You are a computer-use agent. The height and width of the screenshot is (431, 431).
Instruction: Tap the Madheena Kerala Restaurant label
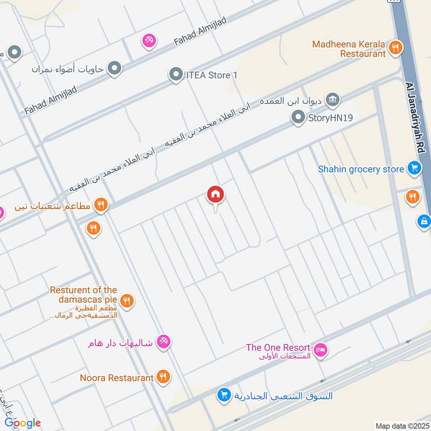click(349, 48)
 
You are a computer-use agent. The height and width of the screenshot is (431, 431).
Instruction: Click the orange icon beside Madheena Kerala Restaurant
click(396, 47)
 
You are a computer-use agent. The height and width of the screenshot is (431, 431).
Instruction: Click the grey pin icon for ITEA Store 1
click(176, 75)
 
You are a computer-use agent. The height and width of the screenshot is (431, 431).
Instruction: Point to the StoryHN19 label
click(330, 117)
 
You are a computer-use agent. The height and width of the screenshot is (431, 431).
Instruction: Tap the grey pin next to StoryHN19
click(297, 117)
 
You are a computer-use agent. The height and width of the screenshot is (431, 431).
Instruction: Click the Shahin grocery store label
click(360, 169)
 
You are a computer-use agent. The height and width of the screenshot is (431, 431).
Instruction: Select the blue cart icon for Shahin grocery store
click(414, 169)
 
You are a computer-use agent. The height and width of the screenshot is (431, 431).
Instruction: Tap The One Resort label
click(277, 347)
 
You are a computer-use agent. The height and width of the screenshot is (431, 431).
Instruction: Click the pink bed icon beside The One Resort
click(320, 350)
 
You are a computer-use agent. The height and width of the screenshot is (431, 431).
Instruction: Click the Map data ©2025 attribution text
click(401, 426)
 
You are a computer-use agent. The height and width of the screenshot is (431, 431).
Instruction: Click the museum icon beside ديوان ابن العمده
click(333, 99)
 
